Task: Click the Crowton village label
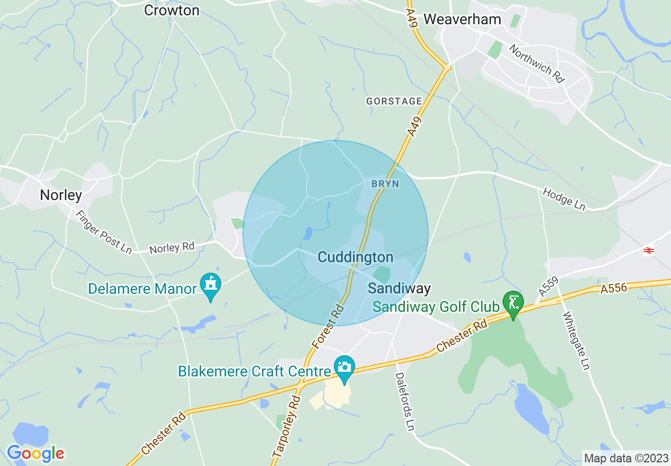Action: [x=172, y=10]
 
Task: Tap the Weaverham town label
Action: [x=462, y=19]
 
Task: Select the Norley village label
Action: [x=61, y=195]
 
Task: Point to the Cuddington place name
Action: [x=356, y=257]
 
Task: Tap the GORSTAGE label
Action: [x=394, y=101]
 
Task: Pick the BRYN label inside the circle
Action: [x=385, y=184]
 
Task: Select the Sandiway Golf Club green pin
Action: [x=513, y=303]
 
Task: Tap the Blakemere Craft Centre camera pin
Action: [x=344, y=366]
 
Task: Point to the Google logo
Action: [x=35, y=453]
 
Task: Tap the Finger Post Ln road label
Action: [x=104, y=232]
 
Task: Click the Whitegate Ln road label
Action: [x=576, y=341]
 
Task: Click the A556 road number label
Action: [x=613, y=288]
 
